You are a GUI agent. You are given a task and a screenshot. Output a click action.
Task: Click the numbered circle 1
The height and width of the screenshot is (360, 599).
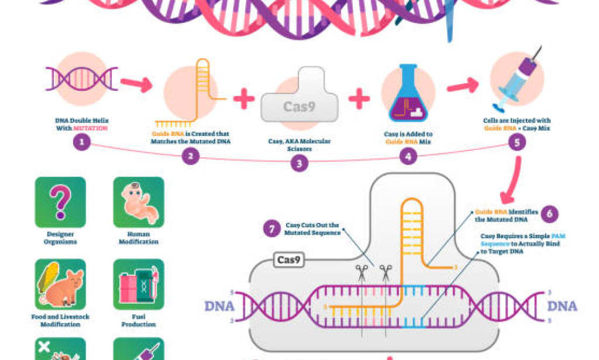82,142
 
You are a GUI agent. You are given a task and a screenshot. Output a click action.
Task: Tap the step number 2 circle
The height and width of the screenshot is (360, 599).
190,156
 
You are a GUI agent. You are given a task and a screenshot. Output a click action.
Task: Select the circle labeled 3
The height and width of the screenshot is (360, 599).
299,163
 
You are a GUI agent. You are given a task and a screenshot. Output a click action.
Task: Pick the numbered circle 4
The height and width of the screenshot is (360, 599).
408,156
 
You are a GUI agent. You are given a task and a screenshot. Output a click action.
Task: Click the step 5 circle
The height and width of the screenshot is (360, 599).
516,142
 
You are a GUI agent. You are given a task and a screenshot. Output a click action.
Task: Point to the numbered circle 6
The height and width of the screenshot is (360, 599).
549,214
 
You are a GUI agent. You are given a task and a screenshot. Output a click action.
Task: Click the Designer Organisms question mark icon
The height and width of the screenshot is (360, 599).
60,202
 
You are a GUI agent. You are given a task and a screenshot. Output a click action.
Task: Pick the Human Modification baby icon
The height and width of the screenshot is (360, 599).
139,202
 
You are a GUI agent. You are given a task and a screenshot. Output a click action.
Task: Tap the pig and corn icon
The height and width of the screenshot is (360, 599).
60,284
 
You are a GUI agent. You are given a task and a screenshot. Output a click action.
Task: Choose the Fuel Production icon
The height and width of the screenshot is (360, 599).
139,284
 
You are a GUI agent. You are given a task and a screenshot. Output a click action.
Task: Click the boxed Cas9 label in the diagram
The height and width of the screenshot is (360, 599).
290,260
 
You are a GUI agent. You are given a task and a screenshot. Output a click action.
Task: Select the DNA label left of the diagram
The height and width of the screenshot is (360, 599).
219,306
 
